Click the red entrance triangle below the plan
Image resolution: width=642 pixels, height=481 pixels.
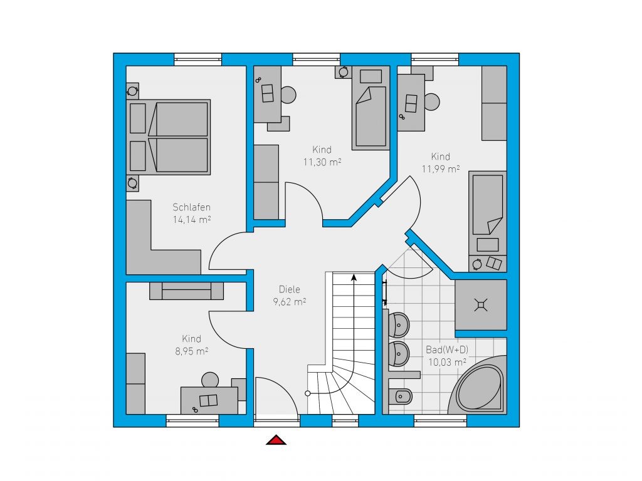point(276,440)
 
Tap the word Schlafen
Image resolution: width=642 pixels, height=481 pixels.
point(192,207)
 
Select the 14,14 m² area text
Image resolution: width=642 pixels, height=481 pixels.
point(192,220)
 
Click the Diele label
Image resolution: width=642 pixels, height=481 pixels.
point(290,289)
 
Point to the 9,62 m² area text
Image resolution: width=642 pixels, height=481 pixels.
point(290,302)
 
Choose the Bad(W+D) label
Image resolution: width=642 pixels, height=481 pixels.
point(447,349)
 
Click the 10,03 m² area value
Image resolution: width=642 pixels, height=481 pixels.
point(447,363)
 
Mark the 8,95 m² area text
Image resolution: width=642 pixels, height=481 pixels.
point(192,351)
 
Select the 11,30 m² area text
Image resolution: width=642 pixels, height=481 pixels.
point(322,162)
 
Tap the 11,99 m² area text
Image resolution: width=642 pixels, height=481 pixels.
point(441,169)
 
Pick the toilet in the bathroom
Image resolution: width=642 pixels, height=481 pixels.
point(401,396)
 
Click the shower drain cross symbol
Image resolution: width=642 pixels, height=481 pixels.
point(481,305)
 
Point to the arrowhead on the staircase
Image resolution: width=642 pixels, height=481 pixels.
point(354,277)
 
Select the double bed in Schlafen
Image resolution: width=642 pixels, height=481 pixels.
point(169,137)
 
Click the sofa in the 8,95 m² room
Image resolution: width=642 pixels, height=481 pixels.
point(186,291)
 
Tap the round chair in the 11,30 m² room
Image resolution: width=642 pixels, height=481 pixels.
point(288,95)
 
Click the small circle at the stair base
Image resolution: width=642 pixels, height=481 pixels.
point(307,393)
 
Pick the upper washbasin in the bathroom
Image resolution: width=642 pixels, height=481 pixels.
point(399,325)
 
